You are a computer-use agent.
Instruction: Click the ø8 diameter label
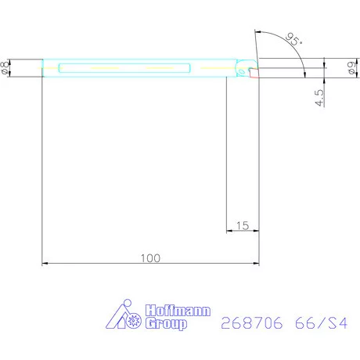(6, 68)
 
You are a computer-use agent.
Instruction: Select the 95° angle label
(295, 40)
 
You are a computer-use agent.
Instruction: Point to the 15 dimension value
(242, 225)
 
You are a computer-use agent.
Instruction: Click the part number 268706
(252, 322)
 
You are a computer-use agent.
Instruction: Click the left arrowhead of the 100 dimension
(45, 264)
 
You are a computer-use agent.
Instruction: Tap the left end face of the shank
(42, 68)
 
